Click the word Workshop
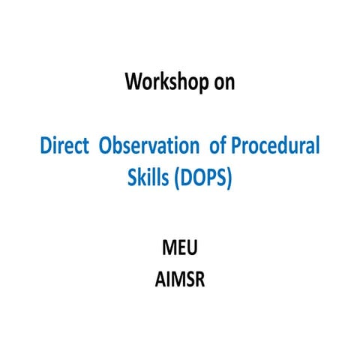pyautogui.click(x=166, y=82)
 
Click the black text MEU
pyautogui.click(x=180, y=248)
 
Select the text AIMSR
pyautogui.click(x=180, y=280)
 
